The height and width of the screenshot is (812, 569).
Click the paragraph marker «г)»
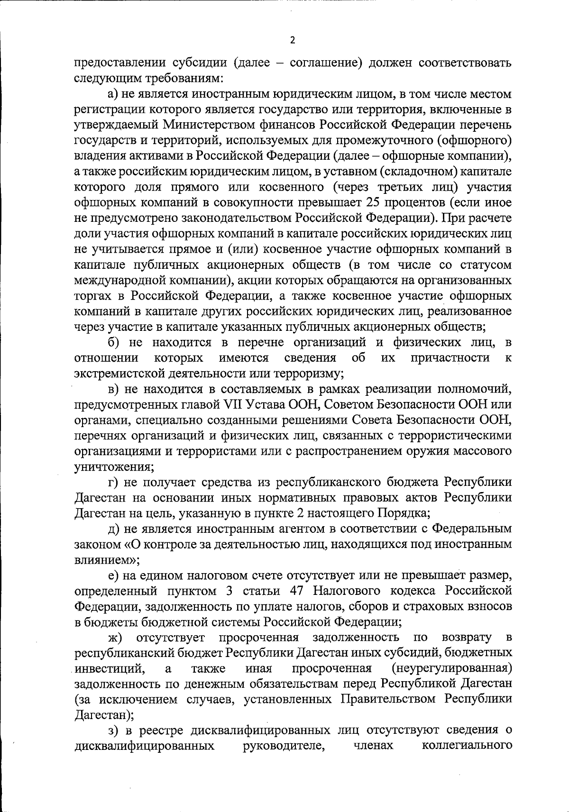pos(113,482)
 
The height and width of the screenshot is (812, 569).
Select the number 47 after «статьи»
pos(296,591)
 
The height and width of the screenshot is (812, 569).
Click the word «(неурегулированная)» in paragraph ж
pos(452,668)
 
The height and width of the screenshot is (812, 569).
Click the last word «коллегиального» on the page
pos(466,746)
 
